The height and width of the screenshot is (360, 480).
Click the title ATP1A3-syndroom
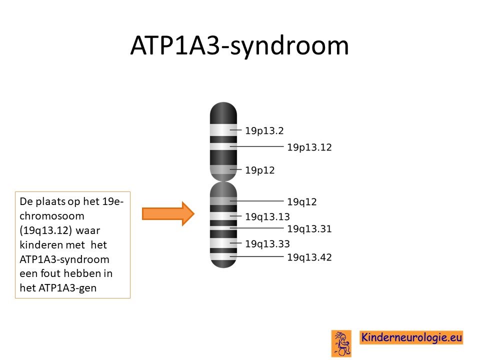(239, 46)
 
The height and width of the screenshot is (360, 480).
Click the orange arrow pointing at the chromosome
(168, 213)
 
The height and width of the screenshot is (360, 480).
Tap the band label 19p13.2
(264, 130)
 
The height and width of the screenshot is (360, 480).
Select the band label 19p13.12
(309, 147)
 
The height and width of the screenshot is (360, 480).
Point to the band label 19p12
(259, 170)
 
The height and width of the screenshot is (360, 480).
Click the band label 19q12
(301, 202)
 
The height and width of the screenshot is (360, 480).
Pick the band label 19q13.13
(267, 216)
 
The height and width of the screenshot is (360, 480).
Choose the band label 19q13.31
(309, 229)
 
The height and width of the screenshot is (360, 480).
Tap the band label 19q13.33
(267, 244)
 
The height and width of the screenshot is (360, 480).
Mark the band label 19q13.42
(309, 257)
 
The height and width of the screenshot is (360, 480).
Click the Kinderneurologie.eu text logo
(411, 337)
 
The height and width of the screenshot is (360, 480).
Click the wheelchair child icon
(341, 343)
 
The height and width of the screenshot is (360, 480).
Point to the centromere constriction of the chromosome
(223, 181)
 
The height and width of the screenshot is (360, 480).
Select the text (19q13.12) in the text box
(45, 230)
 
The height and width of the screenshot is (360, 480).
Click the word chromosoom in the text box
(51, 216)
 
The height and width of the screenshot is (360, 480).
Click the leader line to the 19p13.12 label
(256, 146)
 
